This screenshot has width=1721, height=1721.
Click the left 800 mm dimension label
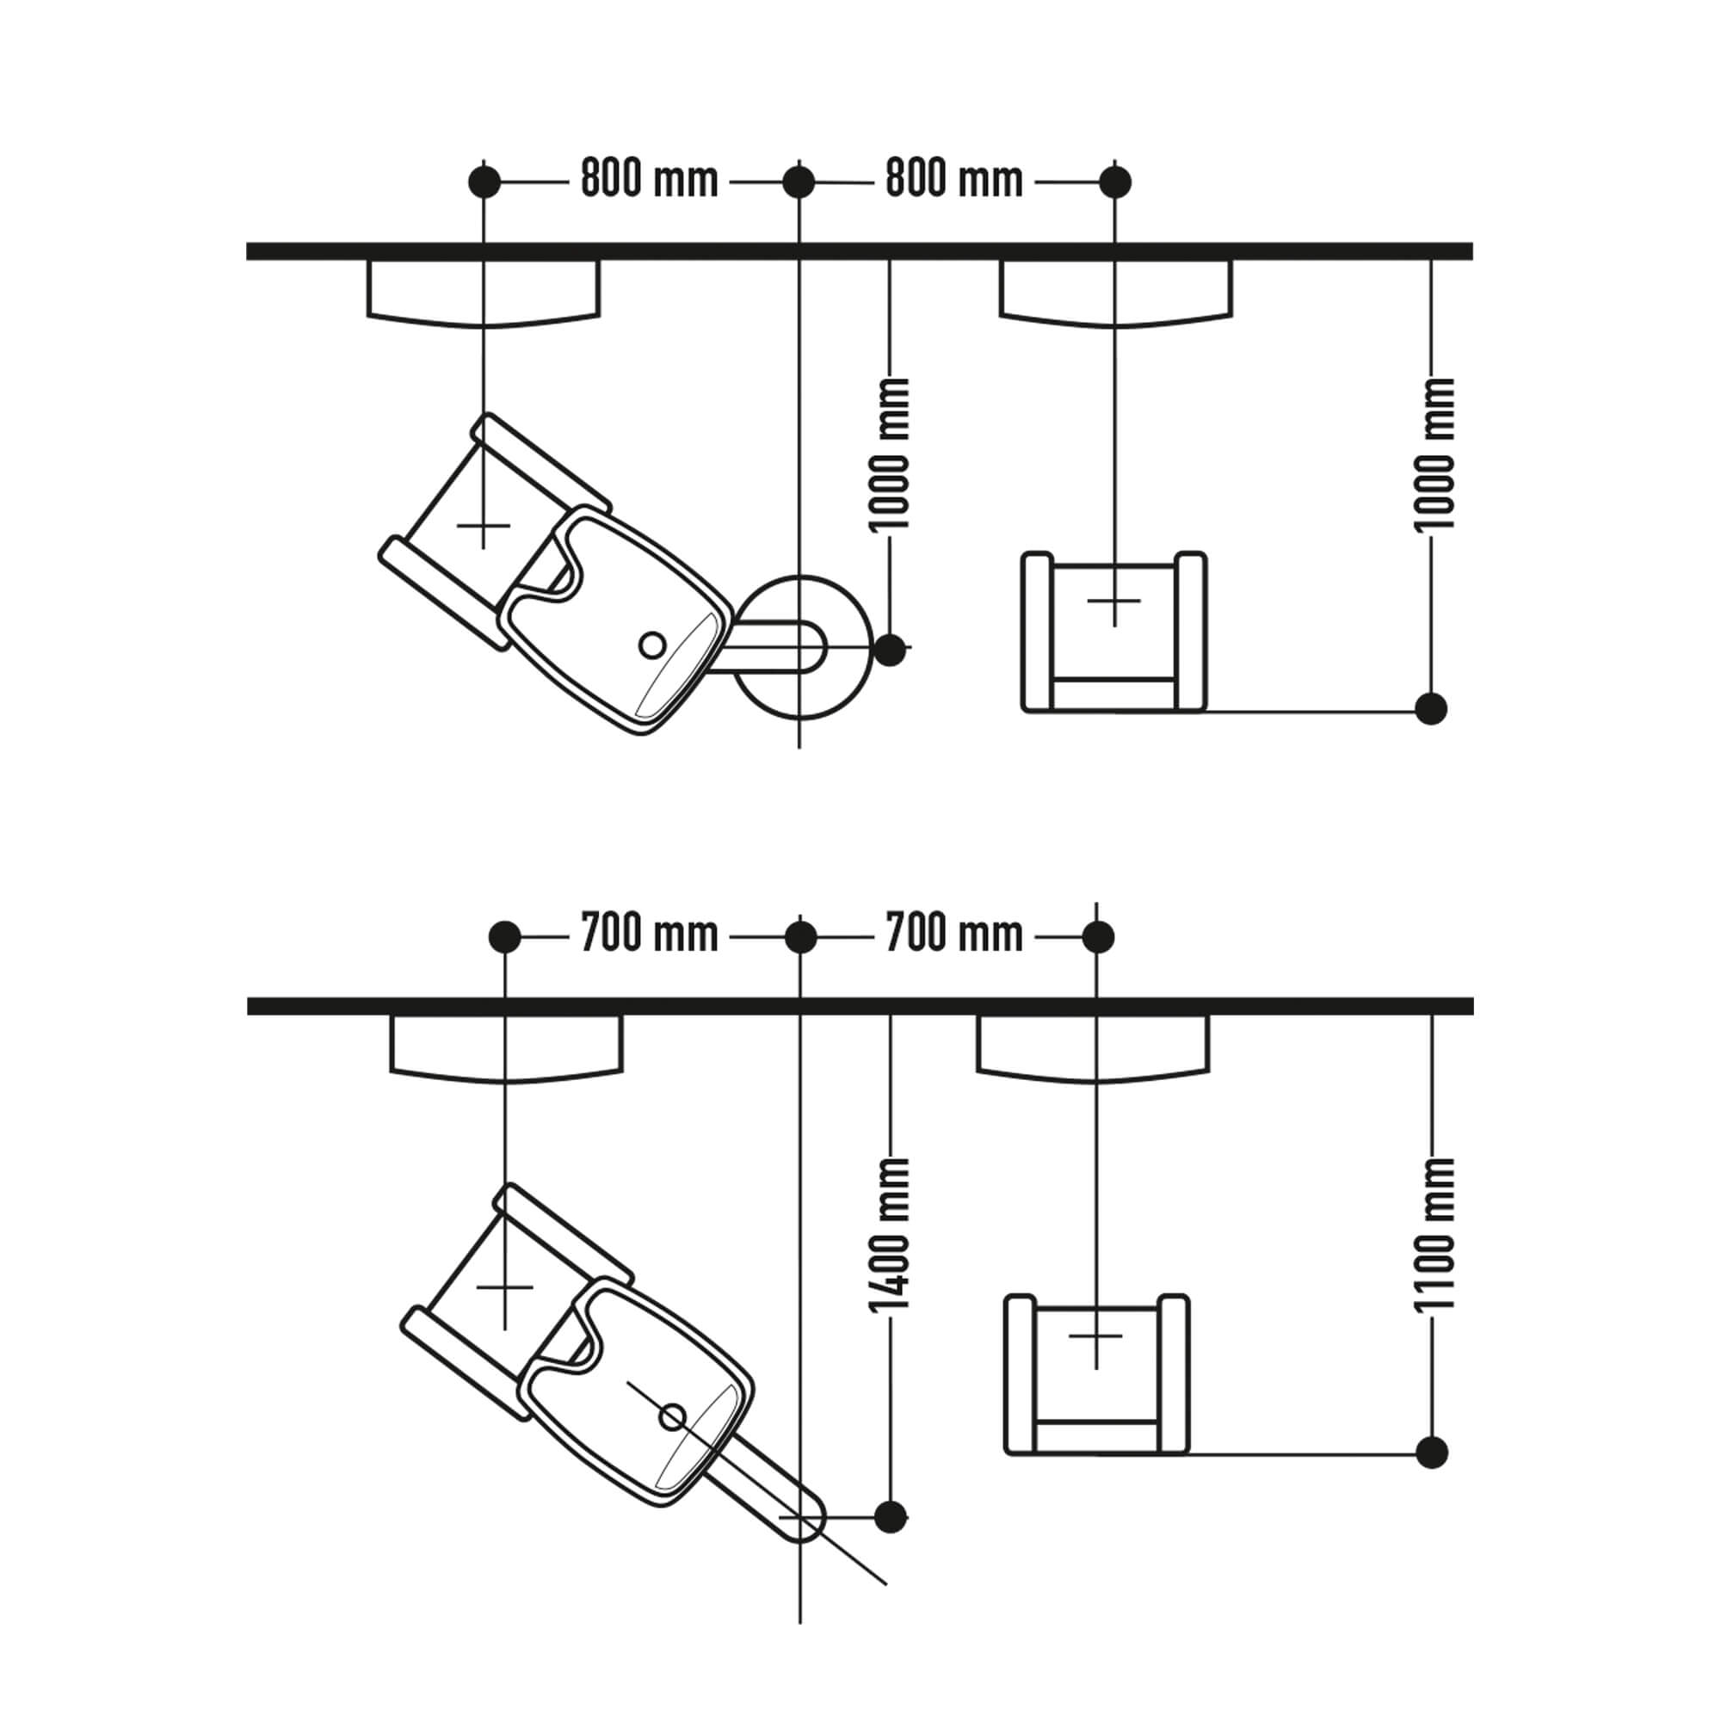650,180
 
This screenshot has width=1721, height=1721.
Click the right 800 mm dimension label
954,180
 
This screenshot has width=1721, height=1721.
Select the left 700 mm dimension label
650,935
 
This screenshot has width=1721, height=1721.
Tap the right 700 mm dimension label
954,935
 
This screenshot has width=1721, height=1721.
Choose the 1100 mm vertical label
1434,1234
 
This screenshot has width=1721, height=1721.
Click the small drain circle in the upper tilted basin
652,644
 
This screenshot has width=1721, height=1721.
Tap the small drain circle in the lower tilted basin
673,1416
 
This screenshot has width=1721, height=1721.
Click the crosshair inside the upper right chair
1114,601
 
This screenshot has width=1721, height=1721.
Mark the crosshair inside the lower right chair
1095,1337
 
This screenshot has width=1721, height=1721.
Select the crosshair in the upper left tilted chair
484,526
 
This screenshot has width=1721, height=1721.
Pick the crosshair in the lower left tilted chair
505,1287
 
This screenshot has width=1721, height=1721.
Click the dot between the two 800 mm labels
799,182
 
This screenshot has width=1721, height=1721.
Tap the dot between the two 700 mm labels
800,937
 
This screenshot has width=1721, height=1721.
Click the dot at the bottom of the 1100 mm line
1432,1451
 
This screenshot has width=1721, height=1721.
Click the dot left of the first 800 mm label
484,182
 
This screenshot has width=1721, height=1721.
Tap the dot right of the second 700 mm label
1096,937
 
